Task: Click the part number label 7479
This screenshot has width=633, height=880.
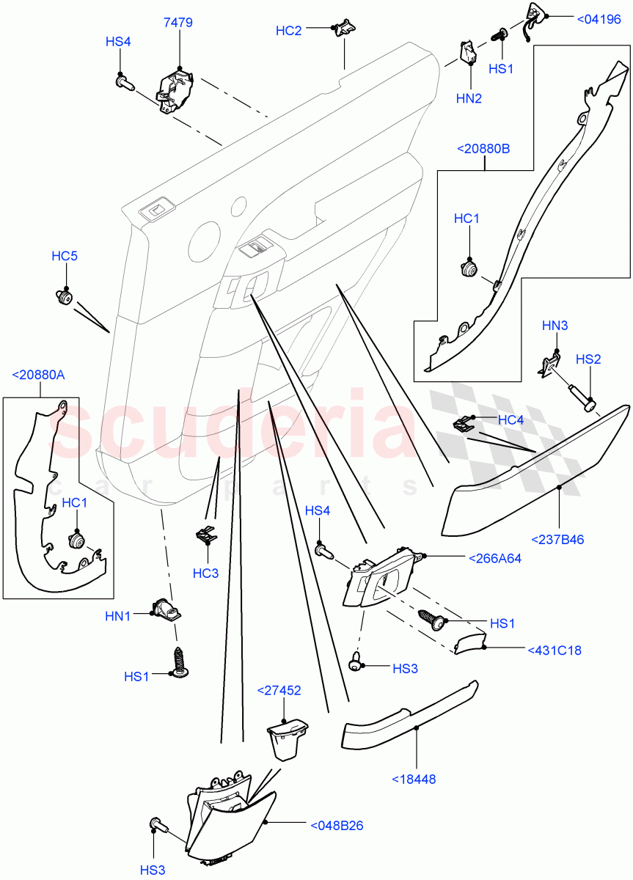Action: pos(178,23)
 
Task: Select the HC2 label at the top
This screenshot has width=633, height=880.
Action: pos(288,31)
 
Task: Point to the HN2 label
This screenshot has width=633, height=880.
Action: pos(468,98)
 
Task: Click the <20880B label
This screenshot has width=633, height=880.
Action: pos(483,149)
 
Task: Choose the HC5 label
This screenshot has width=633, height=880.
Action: pos(65,256)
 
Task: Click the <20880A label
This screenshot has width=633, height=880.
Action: pos(38,375)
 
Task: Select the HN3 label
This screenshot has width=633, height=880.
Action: pos(555,325)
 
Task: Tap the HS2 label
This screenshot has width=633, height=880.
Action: pos(588,359)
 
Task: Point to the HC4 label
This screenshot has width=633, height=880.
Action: pos(511,419)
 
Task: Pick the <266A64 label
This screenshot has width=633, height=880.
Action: pos(494,558)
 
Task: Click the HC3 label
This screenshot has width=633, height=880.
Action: pos(205,573)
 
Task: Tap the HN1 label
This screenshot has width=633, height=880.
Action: pos(117,617)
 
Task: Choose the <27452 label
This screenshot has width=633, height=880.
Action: pos(279,690)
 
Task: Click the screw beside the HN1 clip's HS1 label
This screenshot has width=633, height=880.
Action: pos(179,662)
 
